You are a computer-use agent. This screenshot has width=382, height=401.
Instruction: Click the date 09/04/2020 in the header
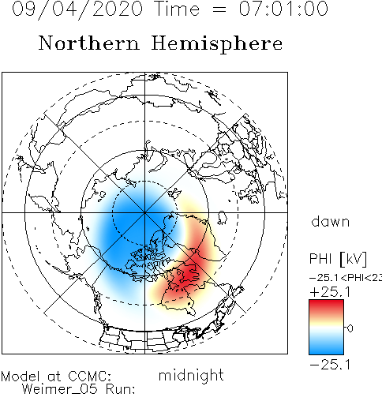pos(77,9)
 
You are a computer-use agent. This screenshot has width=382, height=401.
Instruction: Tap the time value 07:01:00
pos(283,9)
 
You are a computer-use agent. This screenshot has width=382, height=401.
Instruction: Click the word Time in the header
pos(178,9)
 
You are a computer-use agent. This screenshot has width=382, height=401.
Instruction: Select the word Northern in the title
pos(89,43)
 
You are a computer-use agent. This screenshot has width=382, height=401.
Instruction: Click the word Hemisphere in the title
pos(217,44)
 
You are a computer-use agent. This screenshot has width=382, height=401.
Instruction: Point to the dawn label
pos(330,222)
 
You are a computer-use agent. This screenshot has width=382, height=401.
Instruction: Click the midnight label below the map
pos(191,375)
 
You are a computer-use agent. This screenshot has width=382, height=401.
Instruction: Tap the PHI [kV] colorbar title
pos(338,259)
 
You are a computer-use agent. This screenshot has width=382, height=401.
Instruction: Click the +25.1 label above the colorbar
pos(330,292)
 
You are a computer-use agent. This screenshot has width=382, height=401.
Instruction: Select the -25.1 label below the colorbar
pos(330,365)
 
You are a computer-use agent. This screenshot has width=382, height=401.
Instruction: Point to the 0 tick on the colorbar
pos(350,328)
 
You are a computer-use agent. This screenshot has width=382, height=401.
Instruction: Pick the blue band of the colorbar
pos(326,345)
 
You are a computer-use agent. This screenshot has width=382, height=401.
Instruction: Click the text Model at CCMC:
pos(56,377)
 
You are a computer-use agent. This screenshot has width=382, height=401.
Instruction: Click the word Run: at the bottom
pos(121,389)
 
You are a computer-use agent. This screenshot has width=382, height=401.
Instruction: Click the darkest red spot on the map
pos(189,272)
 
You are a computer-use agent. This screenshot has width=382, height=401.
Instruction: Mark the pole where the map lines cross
pos(144,212)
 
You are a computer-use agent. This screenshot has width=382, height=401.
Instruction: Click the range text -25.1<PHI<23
pos(346,278)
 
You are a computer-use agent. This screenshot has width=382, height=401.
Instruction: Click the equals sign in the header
pos(219,10)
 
